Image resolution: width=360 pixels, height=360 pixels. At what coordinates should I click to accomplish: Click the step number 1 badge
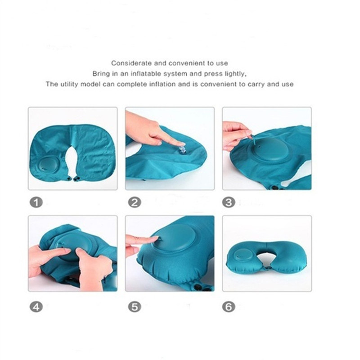tap(36, 202)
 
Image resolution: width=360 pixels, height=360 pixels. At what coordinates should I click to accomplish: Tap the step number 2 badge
tap(135, 202)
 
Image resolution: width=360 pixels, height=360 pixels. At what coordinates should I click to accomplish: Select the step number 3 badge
tap(229, 202)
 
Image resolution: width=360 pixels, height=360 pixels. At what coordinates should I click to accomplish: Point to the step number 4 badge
tap(36, 307)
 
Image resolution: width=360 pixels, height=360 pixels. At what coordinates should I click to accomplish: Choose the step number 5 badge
tap(135, 307)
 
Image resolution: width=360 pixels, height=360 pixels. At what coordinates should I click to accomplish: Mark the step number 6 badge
tap(229, 307)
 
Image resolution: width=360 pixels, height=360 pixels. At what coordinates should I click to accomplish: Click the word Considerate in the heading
tap(131, 63)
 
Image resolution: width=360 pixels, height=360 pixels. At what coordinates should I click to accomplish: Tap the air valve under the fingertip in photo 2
tap(183, 148)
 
